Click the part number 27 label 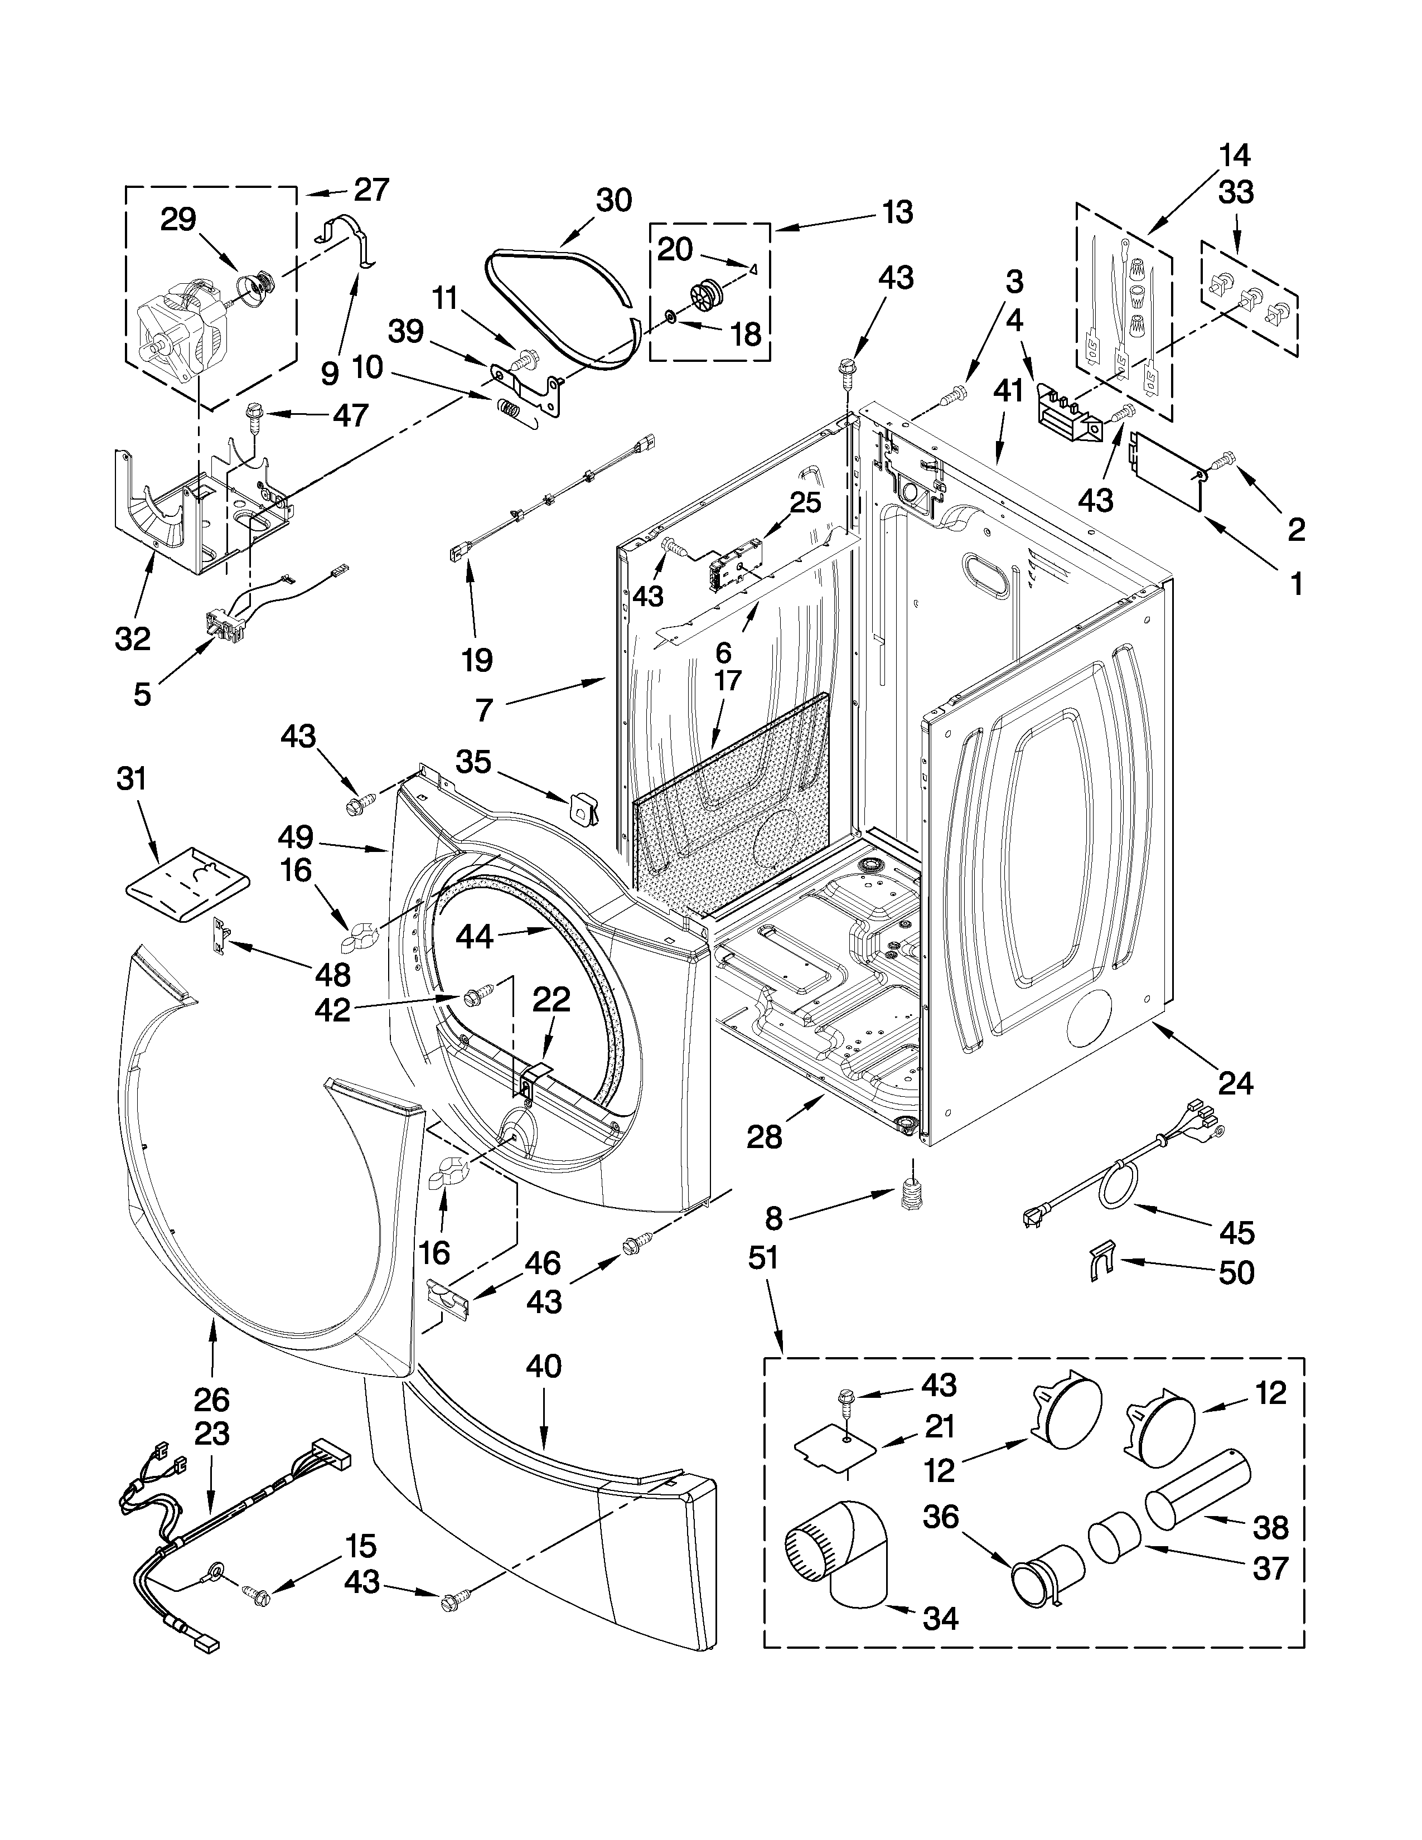click(x=371, y=190)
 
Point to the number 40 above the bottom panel click(x=543, y=1366)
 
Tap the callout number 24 click(x=1235, y=1083)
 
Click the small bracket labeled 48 click(x=221, y=935)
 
